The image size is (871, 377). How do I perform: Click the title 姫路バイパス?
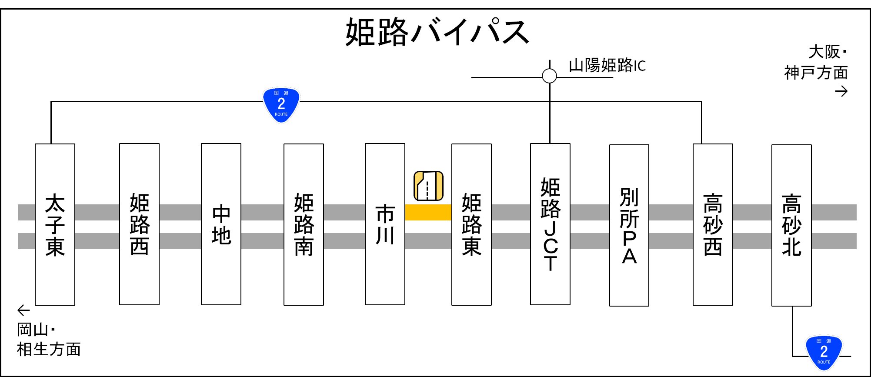pyautogui.click(x=437, y=32)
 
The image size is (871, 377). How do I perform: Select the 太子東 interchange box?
pyautogui.click(x=55, y=224)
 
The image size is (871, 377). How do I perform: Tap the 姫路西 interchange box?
pyautogui.click(x=139, y=224)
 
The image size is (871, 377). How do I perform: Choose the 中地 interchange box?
pyautogui.click(x=221, y=224)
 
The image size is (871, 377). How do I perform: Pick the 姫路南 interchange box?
pyautogui.click(x=304, y=224)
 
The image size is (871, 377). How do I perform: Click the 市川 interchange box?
pyautogui.click(x=385, y=224)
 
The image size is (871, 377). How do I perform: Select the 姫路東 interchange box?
pyautogui.click(x=471, y=224)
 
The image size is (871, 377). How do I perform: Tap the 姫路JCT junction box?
pyautogui.click(x=550, y=224)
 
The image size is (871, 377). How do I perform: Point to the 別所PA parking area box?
pyautogui.click(x=629, y=225)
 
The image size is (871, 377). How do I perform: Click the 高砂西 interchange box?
pyautogui.click(x=713, y=224)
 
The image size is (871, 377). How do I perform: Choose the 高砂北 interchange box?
pyautogui.click(x=791, y=225)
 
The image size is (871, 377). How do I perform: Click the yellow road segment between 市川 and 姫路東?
pyautogui.click(x=428, y=212)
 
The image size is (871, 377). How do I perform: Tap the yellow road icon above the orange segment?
pyautogui.click(x=428, y=186)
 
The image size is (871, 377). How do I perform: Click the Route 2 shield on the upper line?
pyautogui.click(x=281, y=104)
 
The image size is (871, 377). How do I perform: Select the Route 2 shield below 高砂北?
pyautogui.click(x=824, y=352)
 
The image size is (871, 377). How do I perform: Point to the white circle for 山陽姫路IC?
pyautogui.click(x=550, y=76)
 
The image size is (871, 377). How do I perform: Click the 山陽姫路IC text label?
pyautogui.click(x=607, y=66)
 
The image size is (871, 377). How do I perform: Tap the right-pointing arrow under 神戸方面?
pyautogui.click(x=841, y=91)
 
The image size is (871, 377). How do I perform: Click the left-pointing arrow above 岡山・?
pyautogui.click(x=23, y=310)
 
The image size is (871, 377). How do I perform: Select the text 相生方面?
pyautogui.click(x=49, y=349)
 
